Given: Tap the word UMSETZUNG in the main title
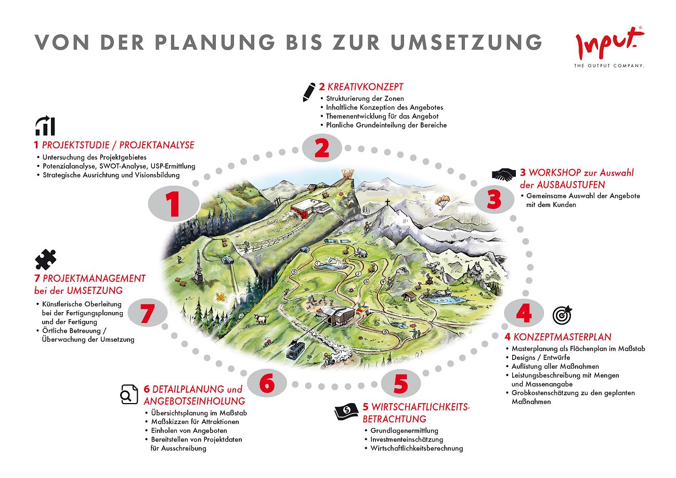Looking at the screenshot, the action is click(x=466, y=42).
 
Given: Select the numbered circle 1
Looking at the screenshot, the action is click(x=174, y=204).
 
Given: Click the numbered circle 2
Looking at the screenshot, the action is click(x=322, y=148).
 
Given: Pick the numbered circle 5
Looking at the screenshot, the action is click(x=401, y=383).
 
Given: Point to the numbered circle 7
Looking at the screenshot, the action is click(x=148, y=313).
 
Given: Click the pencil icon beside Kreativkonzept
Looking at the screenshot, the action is click(x=309, y=92).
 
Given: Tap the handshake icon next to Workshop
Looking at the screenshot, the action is click(x=504, y=174).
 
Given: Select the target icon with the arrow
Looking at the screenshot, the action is click(x=563, y=315).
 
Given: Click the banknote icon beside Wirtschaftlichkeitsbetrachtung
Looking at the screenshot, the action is click(x=347, y=411).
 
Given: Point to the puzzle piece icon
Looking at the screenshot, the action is click(x=46, y=260).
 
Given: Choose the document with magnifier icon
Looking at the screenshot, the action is click(x=129, y=394).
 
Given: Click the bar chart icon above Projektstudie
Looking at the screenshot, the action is click(x=45, y=125).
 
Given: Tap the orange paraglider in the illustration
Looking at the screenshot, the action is click(x=442, y=201).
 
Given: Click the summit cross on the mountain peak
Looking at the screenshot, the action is click(x=387, y=202).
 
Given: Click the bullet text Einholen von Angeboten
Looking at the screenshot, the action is click(x=189, y=431).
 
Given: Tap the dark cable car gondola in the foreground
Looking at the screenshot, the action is click(x=295, y=350).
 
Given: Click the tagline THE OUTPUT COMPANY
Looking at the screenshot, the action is click(x=609, y=66).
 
